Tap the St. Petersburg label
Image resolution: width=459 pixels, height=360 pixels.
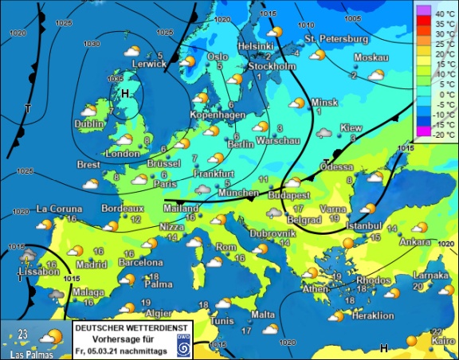coord(335,38)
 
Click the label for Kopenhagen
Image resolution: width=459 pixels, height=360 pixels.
coord(214,115)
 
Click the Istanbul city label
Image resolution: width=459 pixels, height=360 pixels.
coord(365,226)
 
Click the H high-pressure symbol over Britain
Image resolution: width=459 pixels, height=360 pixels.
coord(124,94)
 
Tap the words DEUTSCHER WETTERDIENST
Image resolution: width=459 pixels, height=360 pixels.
coord(131,327)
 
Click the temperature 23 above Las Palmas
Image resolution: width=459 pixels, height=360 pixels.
coord(23,334)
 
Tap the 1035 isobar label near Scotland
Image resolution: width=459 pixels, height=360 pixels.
coord(114,80)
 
